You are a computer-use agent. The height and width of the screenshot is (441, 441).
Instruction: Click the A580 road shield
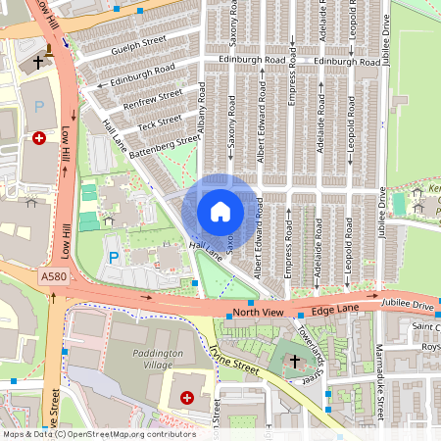pos(54,279)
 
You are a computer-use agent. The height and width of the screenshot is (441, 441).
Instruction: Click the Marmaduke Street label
pos(376,377)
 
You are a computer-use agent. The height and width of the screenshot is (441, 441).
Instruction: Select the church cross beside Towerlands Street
pos(295,362)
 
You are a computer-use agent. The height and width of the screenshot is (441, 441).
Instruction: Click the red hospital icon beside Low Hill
pos(39,139)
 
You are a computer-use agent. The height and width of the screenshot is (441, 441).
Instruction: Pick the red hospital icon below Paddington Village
pos(187,398)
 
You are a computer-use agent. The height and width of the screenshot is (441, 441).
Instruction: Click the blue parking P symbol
pos(114,258)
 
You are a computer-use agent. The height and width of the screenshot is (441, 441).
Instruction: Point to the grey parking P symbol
pos(40,106)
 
